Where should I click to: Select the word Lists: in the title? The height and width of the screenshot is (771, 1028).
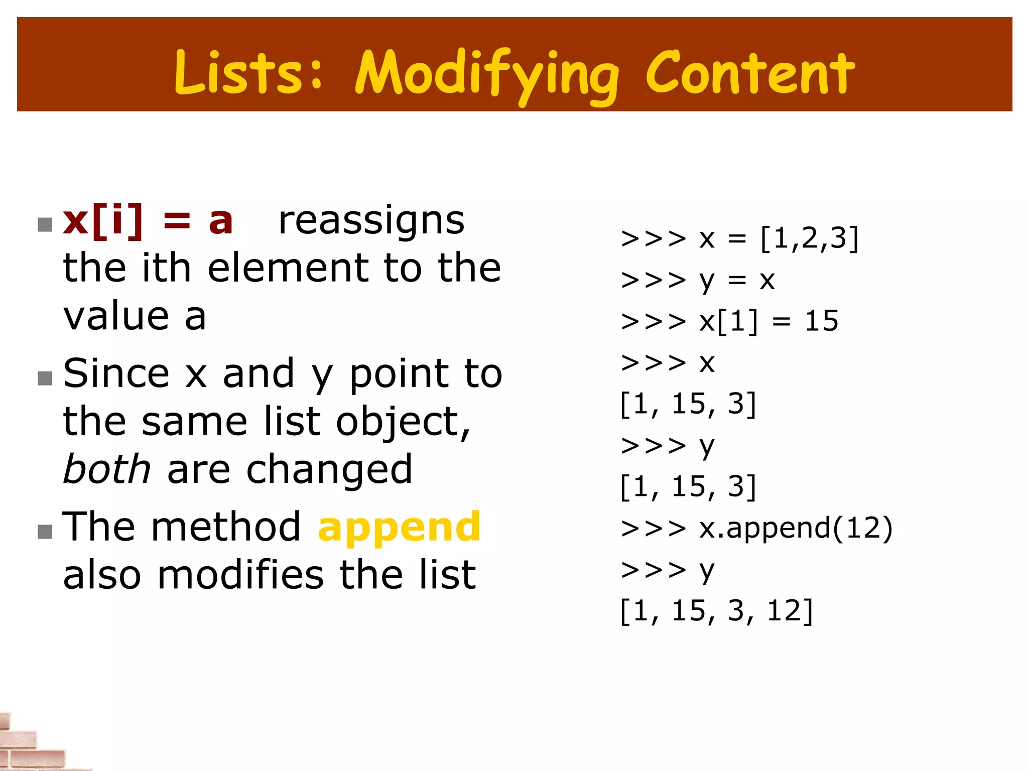click(248, 73)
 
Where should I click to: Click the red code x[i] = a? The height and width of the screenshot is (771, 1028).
click(148, 221)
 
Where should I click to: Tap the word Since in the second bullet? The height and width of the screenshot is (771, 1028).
click(116, 373)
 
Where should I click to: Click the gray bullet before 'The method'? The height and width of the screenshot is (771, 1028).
click(45, 532)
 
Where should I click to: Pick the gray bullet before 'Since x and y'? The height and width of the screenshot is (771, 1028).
click(45, 378)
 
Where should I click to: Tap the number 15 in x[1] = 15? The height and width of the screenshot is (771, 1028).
click(821, 321)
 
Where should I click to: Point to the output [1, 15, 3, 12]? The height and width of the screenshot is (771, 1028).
click(716, 611)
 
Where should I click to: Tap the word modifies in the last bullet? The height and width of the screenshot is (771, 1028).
click(241, 575)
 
